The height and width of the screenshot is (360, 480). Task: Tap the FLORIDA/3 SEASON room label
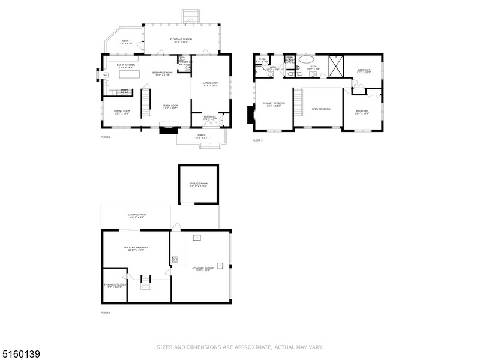click(x=183, y=41)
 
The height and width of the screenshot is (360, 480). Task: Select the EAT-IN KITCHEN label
click(x=126, y=66)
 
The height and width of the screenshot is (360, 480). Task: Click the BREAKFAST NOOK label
click(x=163, y=74)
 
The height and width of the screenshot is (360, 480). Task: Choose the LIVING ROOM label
click(x=210, y=84)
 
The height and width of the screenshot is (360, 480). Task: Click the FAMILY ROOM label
click(x=171, y=107)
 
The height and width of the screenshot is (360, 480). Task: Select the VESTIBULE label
click(x=209, y=118)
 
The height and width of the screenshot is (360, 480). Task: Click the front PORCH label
click(x=202, y=136)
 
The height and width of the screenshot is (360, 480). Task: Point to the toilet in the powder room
click(x=187, y=68)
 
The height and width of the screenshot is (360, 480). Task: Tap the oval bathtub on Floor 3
click(x=307, y=60)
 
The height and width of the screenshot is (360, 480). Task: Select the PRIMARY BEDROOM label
click(x=274, y=104)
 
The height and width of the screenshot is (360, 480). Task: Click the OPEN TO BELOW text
click(x=321, y=109)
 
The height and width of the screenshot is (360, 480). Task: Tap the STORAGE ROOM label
click(x=198, y=185)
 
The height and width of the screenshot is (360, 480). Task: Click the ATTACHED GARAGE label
click(x=202, y=269)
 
